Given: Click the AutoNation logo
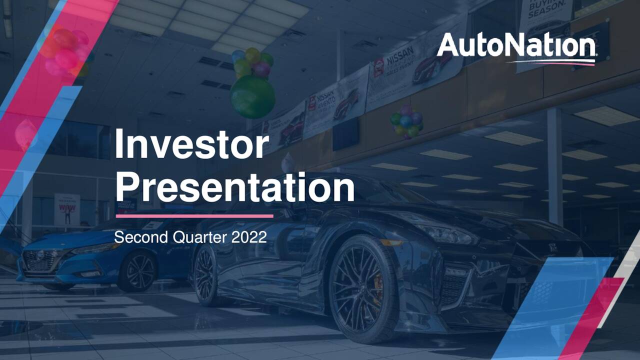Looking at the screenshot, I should (516, 46).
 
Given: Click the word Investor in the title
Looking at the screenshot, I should (192, 143).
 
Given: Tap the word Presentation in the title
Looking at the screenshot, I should (234, 187).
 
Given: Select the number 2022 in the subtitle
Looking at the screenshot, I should (249, 237).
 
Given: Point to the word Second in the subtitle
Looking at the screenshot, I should (134, 237).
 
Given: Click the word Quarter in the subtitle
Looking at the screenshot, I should (192, 237).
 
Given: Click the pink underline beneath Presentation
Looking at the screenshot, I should (194, 216).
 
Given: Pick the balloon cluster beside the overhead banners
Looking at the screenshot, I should (406, 121).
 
